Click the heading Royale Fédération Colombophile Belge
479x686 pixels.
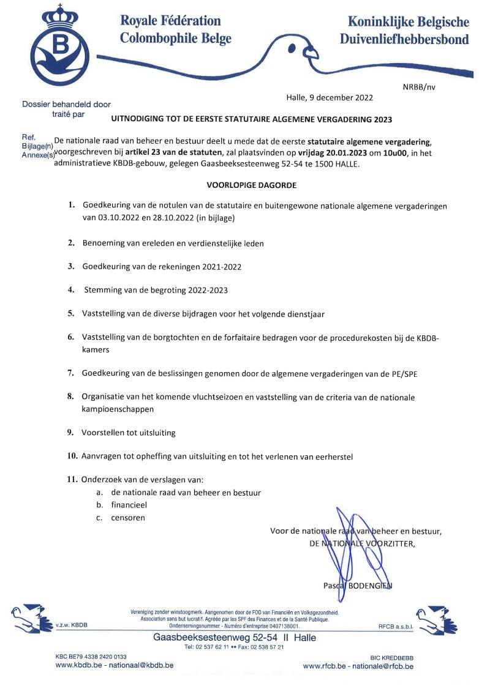tap(175, 30)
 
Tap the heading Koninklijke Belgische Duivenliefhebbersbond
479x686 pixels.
tap(405, 31)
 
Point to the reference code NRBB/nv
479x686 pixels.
tap(420, 87)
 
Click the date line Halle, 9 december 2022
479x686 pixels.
tap(330, 97)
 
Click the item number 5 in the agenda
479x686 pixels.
tap(71, 313)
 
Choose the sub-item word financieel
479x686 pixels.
tap(129, 505)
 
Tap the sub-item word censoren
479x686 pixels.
tap(128, 518)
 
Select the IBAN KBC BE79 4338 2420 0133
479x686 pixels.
tap(91, 657)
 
